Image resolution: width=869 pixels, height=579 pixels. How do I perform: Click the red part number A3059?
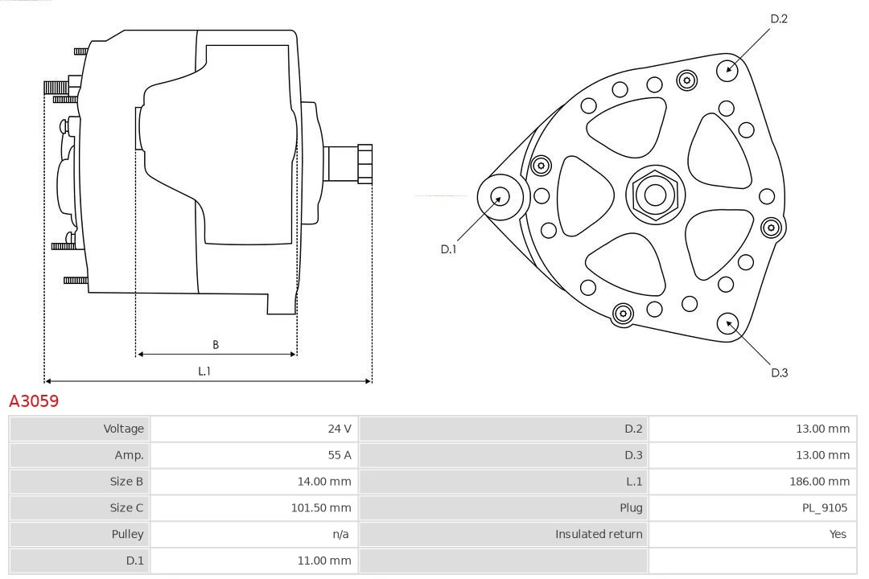(x=34, y=400)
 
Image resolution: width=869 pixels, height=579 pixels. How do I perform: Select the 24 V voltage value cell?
(x=339, y=429)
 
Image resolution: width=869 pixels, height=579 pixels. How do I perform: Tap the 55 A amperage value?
(x=339, y=455)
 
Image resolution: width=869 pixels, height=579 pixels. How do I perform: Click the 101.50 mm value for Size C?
(x=320, y=507)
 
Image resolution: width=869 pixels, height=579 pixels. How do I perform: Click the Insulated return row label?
(x=599, y=534)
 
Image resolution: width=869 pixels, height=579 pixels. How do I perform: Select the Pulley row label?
(x=127, y=534)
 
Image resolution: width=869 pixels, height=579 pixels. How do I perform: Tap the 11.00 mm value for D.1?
(x=324, y=561)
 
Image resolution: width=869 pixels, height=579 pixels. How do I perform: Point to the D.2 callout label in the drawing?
(x=778, y=19)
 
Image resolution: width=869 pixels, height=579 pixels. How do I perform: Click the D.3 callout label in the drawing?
(x=779, y=372)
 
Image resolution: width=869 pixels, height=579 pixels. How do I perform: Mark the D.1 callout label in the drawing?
(x=448, y=249)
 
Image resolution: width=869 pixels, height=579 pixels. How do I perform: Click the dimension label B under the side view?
(x=216, y=345)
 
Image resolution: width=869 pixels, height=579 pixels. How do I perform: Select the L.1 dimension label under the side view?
(x=204, y=372)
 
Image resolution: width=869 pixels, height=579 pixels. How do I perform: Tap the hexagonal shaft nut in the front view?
(x=655, y=195)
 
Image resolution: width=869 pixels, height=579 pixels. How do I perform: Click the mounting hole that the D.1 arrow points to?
(x=500, y=196)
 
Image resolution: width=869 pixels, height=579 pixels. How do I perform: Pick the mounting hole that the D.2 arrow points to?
(x=727, y=69)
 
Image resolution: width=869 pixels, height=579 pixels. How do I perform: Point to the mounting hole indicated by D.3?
(x=728, y=323)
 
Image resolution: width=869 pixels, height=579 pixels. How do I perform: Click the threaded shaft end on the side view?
(x=364, y=164)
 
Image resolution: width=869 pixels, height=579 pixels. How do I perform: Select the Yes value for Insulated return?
(x=838, y=534)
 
